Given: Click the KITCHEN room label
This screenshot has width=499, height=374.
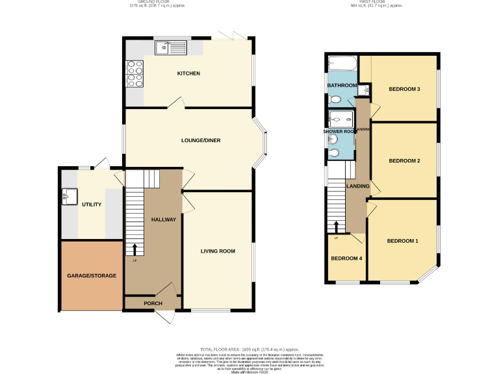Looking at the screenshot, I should tap(188, 73).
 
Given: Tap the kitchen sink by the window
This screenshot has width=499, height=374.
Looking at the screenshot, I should tap(170, 47).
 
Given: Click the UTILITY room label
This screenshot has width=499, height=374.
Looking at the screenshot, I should tap(92, 205).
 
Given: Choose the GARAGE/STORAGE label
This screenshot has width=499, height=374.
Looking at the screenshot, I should tap(92, 275).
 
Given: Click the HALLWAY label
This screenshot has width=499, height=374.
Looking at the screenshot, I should tap(163, 219).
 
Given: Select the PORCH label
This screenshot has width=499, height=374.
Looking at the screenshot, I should tap(153, 303).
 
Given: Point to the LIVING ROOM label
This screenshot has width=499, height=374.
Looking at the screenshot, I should tap(217, 251).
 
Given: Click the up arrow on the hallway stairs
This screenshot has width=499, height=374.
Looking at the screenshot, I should tap(134, 249).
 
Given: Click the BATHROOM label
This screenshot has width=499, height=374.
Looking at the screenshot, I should tap(341, 86).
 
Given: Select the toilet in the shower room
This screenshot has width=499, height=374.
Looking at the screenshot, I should tap(335, 153).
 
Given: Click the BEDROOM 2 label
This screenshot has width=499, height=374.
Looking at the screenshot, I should tap(403, 160).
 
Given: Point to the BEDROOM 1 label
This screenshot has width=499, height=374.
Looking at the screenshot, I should tap(402, 242).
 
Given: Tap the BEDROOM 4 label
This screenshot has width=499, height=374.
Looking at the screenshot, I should tap(346, 258).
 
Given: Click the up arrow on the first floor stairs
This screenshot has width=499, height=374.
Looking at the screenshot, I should tap(336, 227).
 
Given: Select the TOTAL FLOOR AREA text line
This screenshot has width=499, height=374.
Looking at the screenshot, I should tap(249, 349).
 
